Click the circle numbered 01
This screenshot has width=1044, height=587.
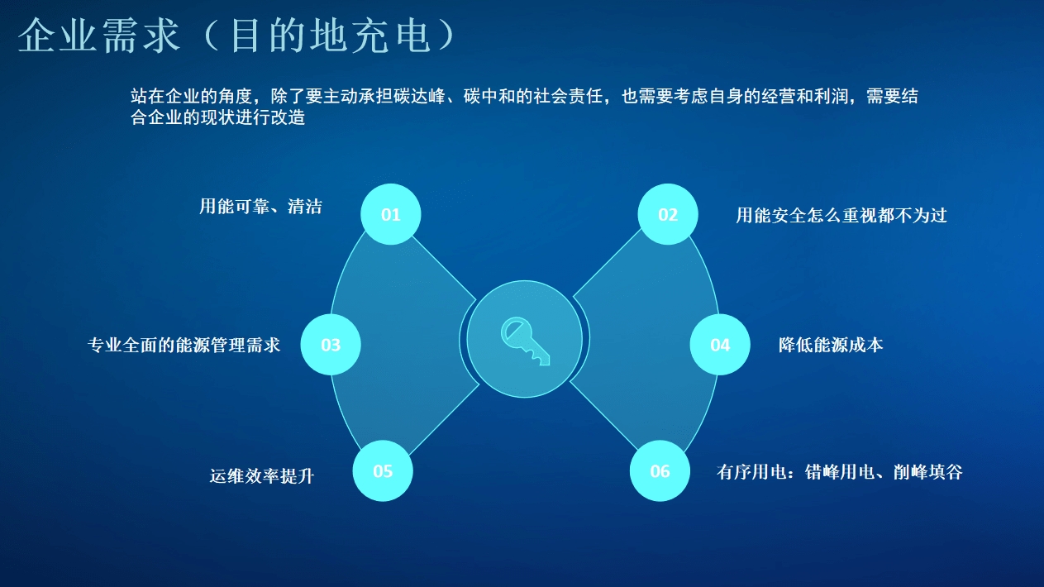pos(390,214)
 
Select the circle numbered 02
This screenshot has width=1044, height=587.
pos(667,214)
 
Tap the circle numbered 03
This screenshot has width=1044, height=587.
pos(331,345)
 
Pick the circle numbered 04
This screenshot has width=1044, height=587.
pos(720,345)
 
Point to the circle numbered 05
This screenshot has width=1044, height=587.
pos(383,471)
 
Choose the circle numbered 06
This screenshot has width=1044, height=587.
pos(660,471)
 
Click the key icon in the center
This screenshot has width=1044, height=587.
pos(525,341)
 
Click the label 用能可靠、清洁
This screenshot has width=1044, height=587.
pos(260,206)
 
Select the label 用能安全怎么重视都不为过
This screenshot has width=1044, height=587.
pos(841,216)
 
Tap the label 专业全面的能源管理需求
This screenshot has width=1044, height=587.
pos(184,345)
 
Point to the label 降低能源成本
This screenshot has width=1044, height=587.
pos(831,345)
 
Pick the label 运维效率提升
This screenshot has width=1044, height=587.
pos(262,476)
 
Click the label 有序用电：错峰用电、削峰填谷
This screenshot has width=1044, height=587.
pos(839,472)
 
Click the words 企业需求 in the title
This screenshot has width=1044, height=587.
pos(99,36)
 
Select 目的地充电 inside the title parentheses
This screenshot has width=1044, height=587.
pos(330,36)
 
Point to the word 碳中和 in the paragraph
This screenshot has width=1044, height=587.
pos(489,96)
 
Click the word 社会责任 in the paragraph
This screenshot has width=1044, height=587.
pos(568,96)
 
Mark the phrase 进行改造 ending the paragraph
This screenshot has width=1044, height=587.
pos(270,117)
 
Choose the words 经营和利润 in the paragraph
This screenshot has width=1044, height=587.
pos(805,96)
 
